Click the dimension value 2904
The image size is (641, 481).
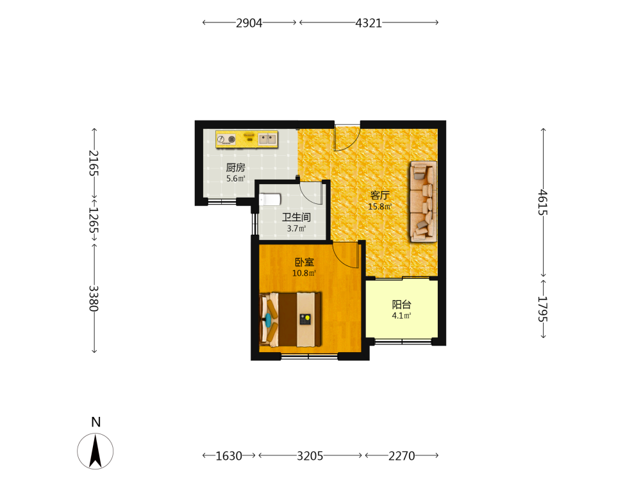(249, 23)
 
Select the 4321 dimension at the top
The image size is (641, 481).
(369, 23)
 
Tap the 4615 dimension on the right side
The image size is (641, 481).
(542, 202)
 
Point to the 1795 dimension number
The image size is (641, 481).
(542, 309)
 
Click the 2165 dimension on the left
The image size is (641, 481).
(94, 163)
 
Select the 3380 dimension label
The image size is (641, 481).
(94, 298)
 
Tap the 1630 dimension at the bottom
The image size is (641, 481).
(229, 455)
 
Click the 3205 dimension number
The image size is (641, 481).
(310, 455)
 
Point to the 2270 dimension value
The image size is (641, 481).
(401, 455)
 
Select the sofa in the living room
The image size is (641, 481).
(424, 201)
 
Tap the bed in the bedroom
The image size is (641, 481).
(290, 319)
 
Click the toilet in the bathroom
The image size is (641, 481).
(270, 199)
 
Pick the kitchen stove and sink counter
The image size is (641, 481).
(247, 139)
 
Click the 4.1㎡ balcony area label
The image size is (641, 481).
(401, 316)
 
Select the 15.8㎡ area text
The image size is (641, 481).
(379, 207)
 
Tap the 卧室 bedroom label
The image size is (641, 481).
(304, 262)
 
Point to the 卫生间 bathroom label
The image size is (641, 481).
(296, 217)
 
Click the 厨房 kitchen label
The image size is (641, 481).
(235, 167)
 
